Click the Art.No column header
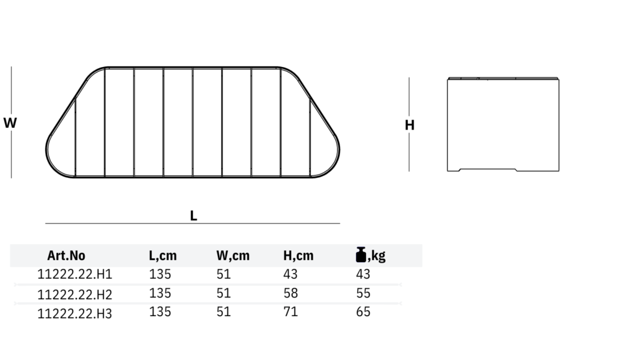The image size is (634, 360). pyautogui.click(x=66, y=256)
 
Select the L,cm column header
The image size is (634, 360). pyautogui.click(x=163, y=256)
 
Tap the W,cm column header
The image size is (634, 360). pyautogui.click(x=233, y=256)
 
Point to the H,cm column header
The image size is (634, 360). pyautogui.click(x=298, y=256)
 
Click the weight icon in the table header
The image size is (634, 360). pyautogui.click(x=361, y=255)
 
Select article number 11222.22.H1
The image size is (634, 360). pyautogui.click(x=75, y=274)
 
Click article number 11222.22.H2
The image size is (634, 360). pyautogui.click(x=75, y=294)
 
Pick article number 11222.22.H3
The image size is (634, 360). pyautogui.click(x=75, y=314)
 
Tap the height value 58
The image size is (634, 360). pyautogui.click(x=291, y=293)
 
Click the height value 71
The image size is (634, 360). pyautogui.click(x=291, y=312)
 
